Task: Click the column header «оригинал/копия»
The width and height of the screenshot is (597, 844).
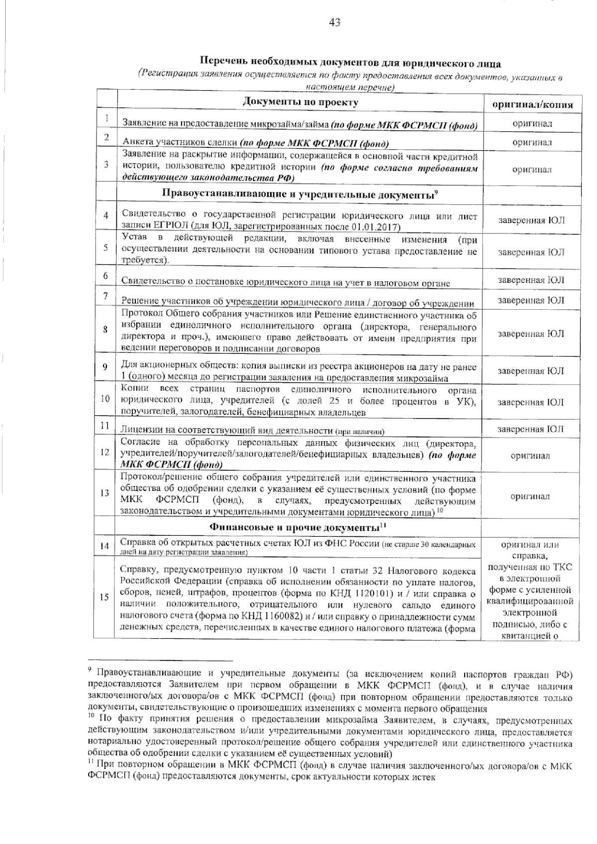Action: (x=532, y=105)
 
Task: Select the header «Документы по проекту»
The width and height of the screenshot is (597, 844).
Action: (x=300, y=102)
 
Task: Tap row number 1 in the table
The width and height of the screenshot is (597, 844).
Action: (x=106, y=119)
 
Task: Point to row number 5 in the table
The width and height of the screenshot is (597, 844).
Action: (x=106, y=247)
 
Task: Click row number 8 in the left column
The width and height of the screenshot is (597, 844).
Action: (x=106, y=330)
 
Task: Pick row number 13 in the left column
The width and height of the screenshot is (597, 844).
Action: (x=105, y=493)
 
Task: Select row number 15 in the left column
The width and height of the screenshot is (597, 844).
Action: (x=104, y=597)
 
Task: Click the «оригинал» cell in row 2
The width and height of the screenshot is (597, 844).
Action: (x=532, y=142)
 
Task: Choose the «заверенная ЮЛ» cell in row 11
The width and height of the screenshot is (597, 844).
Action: (x=531, y=429)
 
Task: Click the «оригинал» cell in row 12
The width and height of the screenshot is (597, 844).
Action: (x=532, y=455)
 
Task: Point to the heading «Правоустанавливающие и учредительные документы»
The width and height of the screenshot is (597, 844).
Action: (x=297, y=194)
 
